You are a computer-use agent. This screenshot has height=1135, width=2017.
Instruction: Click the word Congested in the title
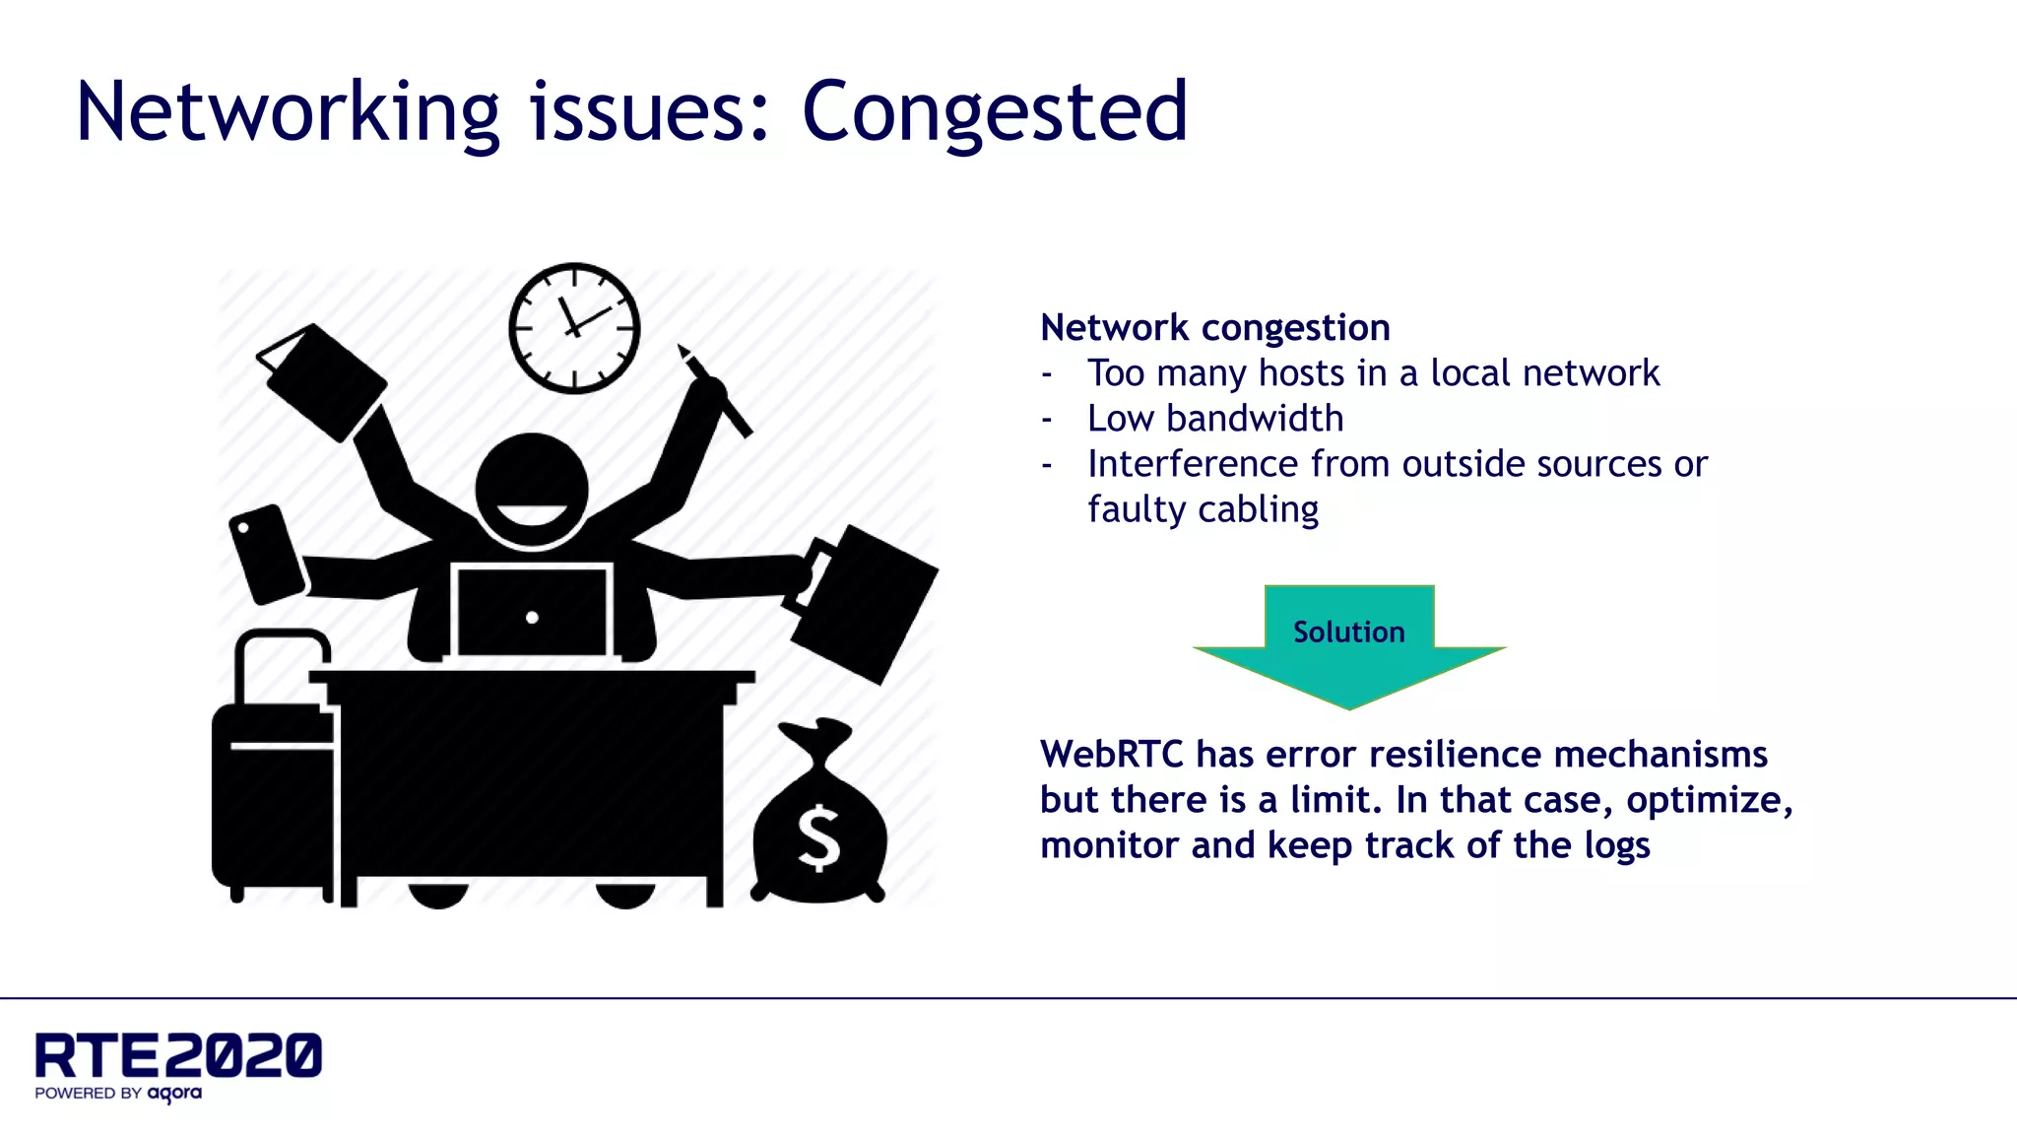[995, 112]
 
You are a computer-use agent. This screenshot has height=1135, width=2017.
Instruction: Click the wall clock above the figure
[574, 328]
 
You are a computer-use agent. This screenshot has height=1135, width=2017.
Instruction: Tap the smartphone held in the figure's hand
[267, 554]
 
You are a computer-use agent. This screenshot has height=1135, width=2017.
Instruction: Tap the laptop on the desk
[532, 613]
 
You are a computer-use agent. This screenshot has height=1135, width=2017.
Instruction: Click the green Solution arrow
[1349, 645]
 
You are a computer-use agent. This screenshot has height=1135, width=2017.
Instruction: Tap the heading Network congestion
[1214, 327]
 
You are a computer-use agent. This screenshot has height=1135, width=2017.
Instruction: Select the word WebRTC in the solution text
[1111, 755]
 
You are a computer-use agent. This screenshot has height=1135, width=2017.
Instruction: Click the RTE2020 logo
[178, 1055]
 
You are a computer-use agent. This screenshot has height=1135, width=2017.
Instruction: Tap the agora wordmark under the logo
[174, 1094]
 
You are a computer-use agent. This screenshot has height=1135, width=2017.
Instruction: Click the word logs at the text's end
[1616, 845]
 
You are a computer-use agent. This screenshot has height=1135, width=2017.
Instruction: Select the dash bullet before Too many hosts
[1047, 374]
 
